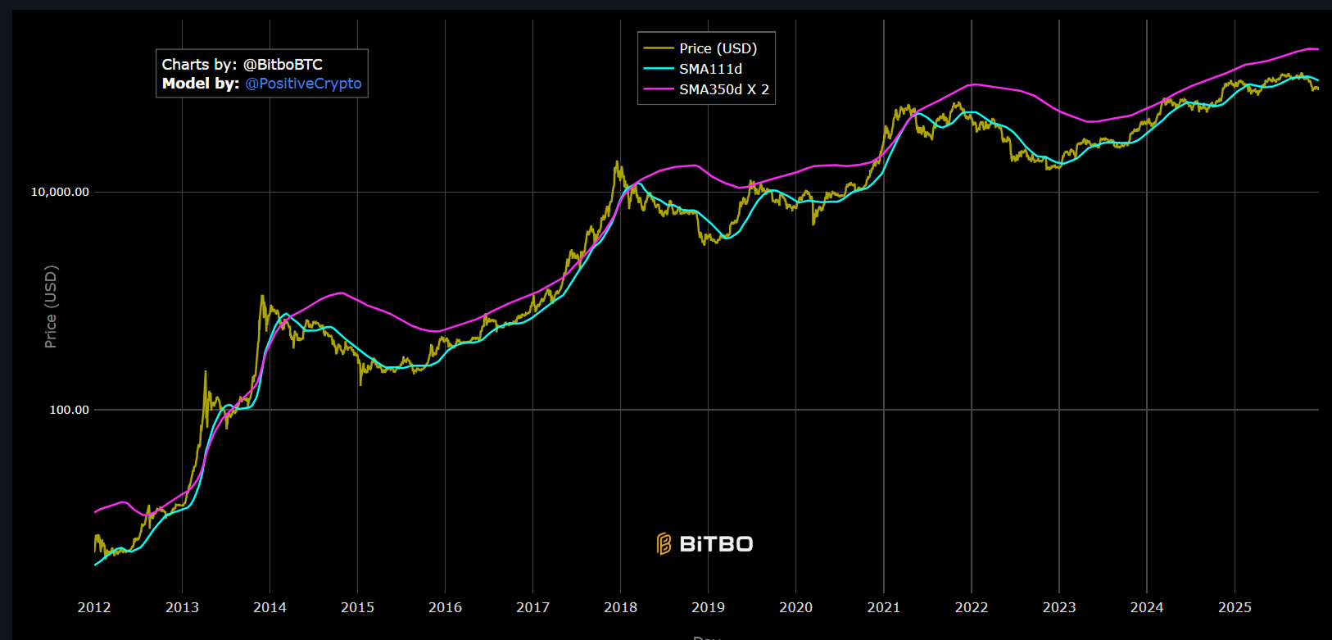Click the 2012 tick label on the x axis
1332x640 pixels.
[x=94, y=607]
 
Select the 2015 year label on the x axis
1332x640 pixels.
[x=357, y=607]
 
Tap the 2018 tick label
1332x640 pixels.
[x=620, y=607]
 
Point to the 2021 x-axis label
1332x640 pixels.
[x=883, y=607]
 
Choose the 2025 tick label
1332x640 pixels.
[x=1235, y=607]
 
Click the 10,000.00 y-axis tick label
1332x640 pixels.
[x=60, y=192]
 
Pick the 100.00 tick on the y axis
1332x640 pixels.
[x=69, y=410]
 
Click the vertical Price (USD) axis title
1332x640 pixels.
[x=51, y=306]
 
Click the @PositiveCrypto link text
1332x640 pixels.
[x=303, y=84]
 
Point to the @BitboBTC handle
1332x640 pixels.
[x=283, y=64]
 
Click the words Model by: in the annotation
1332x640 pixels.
[x=201, y=84]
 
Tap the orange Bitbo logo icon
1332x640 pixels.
[x=664, y=544]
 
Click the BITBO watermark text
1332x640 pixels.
[x=716, y=544]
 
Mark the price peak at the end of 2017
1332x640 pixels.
[x=616, y=161]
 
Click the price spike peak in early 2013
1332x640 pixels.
[x=205, y=371]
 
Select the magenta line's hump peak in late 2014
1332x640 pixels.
[x=341, y=293]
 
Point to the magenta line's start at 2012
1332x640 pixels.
[x=95, y=512]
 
